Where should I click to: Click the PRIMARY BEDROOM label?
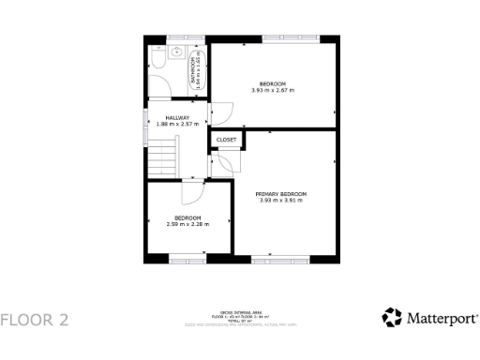tap(281, 194)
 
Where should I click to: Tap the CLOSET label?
tap(226, 140)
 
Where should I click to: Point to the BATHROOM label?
tap(194, 70)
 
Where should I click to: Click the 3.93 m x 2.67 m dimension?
tap(273, 90)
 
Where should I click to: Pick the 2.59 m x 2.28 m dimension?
tap(187, 225)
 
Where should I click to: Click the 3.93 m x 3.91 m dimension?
tap(281, 201)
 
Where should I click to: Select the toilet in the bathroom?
tap(157, 58)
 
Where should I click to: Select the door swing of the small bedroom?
tap(192, 191)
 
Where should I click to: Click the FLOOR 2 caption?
tap(35, 320)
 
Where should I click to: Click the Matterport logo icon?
tap(392, 318)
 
